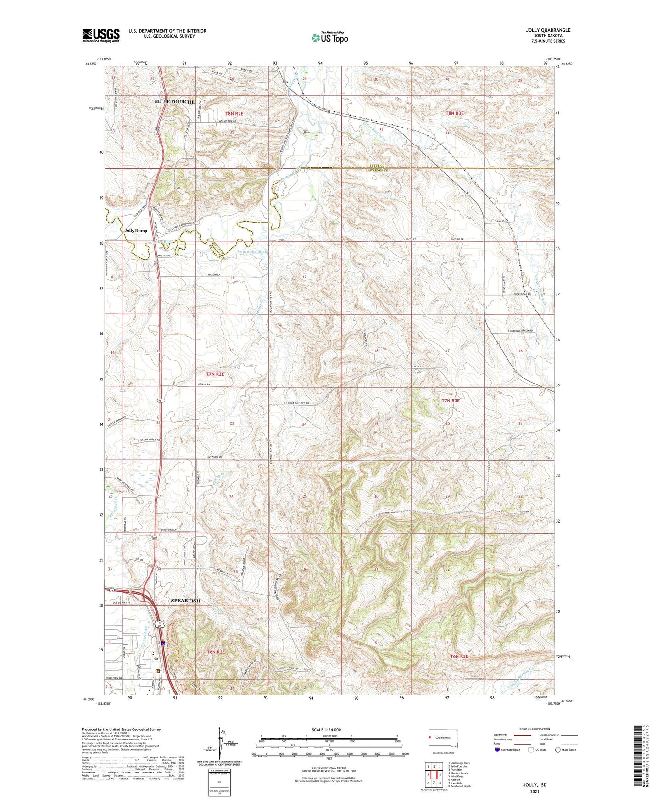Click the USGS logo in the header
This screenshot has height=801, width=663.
[100, 35]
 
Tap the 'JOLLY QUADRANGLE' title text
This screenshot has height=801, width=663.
[548, 30]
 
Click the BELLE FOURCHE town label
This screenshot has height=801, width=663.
[174, 102]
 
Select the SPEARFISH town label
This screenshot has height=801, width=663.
[185, 601]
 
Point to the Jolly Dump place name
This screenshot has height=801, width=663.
[136, 230]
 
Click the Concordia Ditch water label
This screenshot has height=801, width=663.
[252, 252]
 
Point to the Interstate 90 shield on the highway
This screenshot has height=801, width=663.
[163, 644]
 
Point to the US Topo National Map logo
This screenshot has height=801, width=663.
[329, 37]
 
